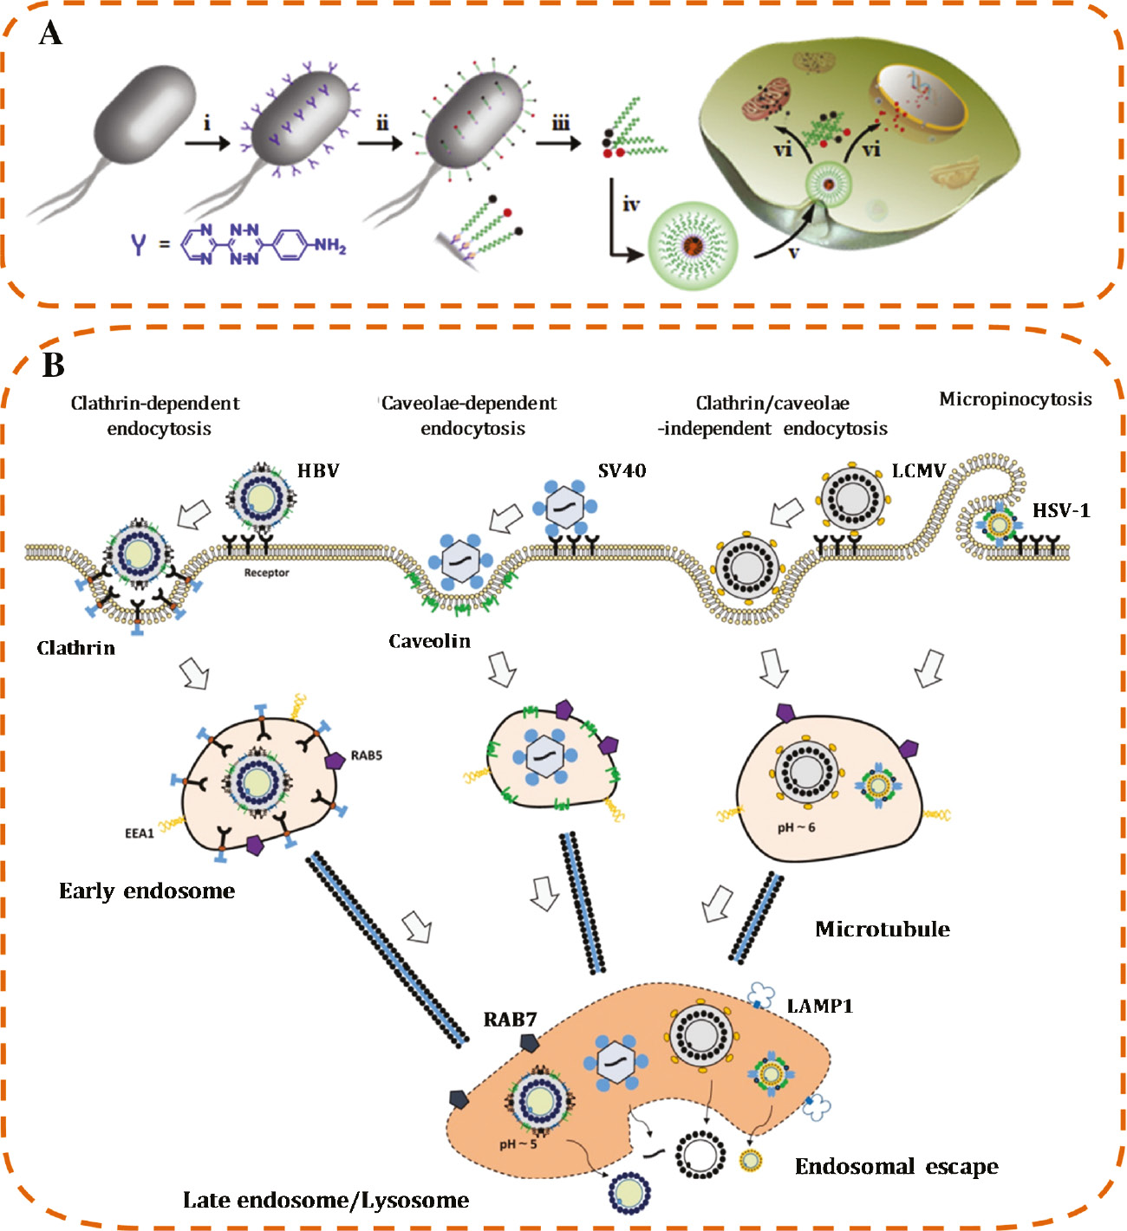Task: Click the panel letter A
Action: [51, 34]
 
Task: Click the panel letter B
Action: [54, 365]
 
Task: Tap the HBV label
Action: [318, 471]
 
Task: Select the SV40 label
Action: [622, 471]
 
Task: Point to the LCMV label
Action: [918, 471]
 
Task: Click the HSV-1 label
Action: [1060, 510]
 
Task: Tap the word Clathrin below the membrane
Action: [75, 648]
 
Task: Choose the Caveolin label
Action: [429, 641]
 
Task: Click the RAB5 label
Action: [366, 755]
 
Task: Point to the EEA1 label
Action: [139, 833]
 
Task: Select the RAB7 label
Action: [510, 1020]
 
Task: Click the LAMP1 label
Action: [819, 1006]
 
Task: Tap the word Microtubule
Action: [882, 930]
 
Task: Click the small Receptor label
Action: [266, 573]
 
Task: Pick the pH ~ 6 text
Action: [796, 827]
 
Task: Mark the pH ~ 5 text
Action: [518, 1144]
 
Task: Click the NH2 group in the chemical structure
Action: [329, 246]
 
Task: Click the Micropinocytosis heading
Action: [1015, 399]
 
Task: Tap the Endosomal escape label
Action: [896, 1167]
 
